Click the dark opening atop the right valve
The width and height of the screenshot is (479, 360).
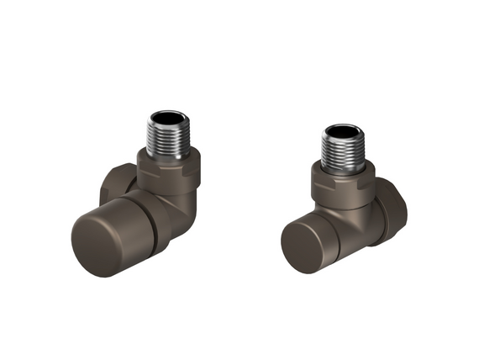pyautogui.click(x=343, y=130)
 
